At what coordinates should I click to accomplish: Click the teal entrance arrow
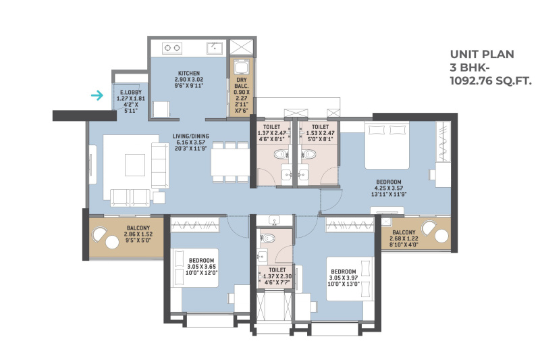97,95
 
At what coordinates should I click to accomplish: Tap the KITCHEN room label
189,73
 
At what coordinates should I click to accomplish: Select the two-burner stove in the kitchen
172,48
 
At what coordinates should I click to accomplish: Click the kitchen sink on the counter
215,48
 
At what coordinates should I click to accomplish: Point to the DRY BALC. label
242,82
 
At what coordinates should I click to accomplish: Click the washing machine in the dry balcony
242,67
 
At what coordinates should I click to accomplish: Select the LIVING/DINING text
191,136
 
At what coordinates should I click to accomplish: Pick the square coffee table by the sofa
134,165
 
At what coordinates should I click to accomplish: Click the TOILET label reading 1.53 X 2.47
320,127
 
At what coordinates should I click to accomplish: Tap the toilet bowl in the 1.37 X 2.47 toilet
281,154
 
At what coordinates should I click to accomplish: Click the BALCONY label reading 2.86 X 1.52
138,228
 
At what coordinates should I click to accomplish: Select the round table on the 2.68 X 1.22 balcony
441,236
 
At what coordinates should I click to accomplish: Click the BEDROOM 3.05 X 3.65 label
201,261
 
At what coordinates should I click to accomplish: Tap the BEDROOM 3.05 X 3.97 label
344,272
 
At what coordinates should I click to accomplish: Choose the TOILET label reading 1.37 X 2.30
277,270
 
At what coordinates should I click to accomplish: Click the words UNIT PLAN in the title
482,54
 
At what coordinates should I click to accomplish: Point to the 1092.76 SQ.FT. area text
491,80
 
